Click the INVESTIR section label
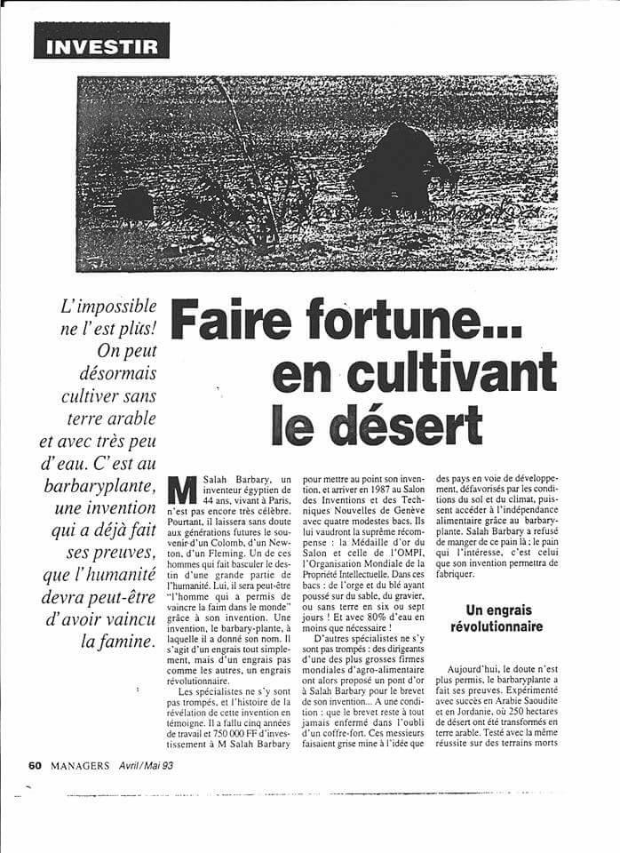coord(99,44)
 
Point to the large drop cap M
coord(182,490)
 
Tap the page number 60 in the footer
coord(35,764)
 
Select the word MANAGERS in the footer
coord(80,764)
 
